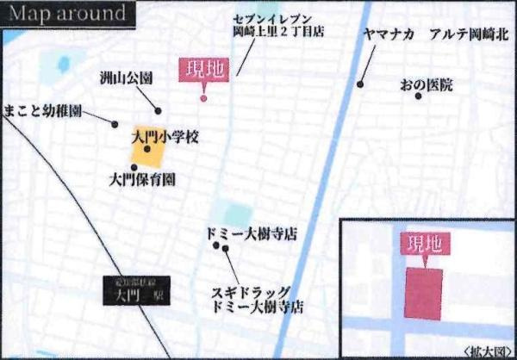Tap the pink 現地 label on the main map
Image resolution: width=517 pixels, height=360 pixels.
[x=204, y=70]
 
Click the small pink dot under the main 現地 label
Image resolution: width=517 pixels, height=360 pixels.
[x=203, y=98]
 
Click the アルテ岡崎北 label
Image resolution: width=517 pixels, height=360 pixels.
[x=470, y=34]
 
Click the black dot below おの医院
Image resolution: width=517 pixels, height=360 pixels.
[x=419, y=96]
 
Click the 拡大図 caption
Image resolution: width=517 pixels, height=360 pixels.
[x=488, y=351]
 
